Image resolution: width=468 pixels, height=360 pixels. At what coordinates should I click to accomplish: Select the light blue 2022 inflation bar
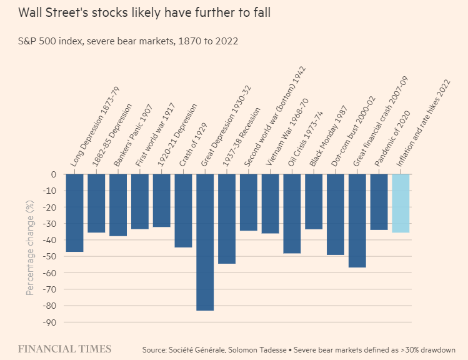401,203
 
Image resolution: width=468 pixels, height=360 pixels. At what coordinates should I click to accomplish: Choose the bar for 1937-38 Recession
227,219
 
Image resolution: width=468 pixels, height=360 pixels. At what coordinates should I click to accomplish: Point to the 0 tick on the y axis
54,174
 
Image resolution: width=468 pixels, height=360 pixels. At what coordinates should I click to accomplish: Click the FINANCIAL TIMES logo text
64,349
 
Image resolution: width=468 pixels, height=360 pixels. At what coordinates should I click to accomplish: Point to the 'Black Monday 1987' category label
330,142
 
